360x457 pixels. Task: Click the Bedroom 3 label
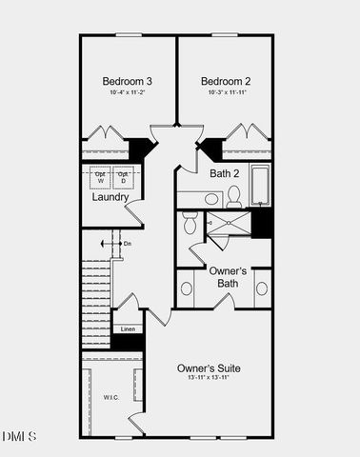(x=127, y=81)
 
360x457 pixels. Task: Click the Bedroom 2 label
(x=224, y=81)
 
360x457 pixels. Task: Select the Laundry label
(x=110, y=197)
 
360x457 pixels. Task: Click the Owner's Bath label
(x=223, y=276)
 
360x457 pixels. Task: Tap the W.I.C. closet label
(x=111, y=396)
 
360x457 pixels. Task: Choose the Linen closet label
(x=128, y=329)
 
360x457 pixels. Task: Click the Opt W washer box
(x=100, y=178)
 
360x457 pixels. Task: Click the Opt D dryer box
(x=124, y=178)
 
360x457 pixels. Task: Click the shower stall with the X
(x=230, y=223)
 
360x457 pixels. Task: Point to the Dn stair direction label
(x=128, y=244)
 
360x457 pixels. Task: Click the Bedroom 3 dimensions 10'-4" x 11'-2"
(x=127, y=93)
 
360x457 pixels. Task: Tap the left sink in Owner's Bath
(x=187, y=288)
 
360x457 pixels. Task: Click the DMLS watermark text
(x=19, y=437)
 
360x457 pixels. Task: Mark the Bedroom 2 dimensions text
(x=224, y=93)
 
